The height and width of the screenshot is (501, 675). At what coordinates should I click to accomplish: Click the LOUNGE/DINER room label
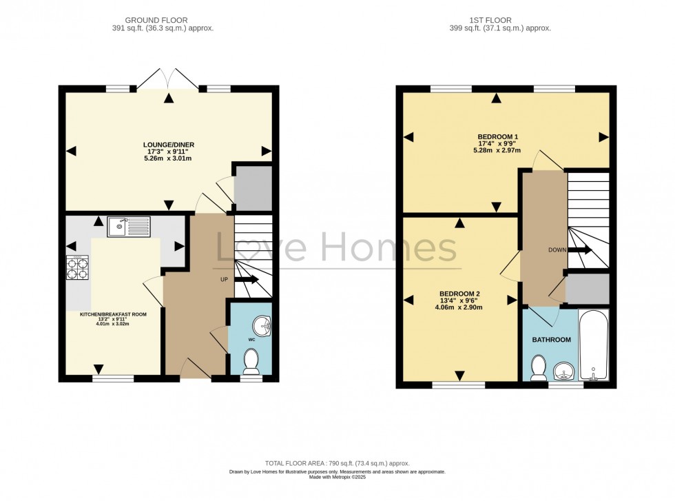169,145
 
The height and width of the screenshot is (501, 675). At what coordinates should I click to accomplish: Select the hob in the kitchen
77,268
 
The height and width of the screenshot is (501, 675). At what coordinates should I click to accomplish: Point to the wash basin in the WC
260,324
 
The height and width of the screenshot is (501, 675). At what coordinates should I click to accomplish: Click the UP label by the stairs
224,280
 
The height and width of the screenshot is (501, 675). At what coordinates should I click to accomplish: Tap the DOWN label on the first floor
558,250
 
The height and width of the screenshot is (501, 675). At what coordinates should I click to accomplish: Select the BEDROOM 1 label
496,136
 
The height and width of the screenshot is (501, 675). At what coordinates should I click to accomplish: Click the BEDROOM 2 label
459,294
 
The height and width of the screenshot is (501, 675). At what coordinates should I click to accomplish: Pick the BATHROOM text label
551,340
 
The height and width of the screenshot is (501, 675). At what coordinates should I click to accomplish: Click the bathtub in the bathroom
593,347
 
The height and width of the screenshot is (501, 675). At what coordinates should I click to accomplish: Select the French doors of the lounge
168,78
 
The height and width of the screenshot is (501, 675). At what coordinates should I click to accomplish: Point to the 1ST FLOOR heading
499,20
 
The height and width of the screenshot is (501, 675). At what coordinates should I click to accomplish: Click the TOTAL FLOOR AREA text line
337,464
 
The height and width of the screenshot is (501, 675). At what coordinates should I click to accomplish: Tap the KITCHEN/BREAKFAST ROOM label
113,314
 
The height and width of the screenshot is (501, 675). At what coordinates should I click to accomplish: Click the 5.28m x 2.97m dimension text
496,151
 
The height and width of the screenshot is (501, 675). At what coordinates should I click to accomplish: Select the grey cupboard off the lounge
253,187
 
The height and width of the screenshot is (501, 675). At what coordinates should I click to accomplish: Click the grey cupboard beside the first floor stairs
587,289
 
